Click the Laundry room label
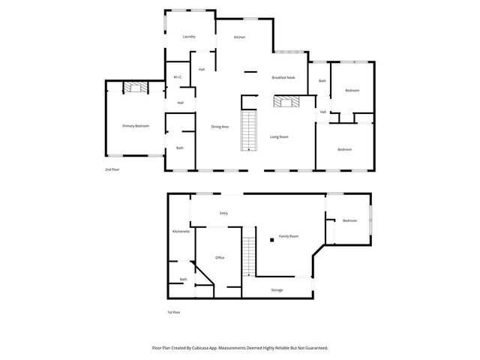coord(189,37)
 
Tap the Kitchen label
coord(239,37)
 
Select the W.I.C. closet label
coord(177,77)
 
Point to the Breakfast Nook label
coord(283,78)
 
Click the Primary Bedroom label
coord(136,126)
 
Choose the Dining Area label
coord(220,127)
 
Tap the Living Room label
coord(279,136)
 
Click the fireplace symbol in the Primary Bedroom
coord(136,88)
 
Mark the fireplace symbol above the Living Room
coord(286,103)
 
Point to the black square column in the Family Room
coord(272,241)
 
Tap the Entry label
coord(223,214)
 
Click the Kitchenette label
coord(181,232)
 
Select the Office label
coord(220,258)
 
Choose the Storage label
coord(277,289)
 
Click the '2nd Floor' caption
coord(112,170)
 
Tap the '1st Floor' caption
coord(174,312)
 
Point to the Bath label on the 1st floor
coord(183,280)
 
